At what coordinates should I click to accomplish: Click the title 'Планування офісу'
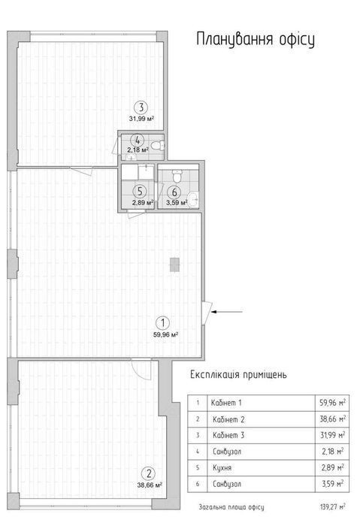pos(256,40)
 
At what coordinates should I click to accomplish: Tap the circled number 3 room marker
pos(141,107)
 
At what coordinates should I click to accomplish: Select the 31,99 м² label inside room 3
pos(141,119)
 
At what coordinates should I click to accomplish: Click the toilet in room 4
pos(157,146)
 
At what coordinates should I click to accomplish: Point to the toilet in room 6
pos(177,175)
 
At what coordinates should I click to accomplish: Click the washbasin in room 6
pos(193,200)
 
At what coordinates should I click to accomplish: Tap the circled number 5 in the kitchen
pos(140,191)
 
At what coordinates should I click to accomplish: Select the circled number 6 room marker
pos(174,192)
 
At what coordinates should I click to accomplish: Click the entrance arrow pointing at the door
pos(226,312)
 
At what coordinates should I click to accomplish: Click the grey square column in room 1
pos(174,265)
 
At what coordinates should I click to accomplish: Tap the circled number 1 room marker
pos(163,323)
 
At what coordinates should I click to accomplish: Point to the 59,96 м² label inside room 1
pos(165,334)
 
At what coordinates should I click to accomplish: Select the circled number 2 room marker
pos(149,473)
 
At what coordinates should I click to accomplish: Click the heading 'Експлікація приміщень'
pos(238,374)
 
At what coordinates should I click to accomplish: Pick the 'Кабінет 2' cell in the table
pos(228,419)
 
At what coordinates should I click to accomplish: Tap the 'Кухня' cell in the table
pos(222,467)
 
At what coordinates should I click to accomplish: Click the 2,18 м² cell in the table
pos(332,452)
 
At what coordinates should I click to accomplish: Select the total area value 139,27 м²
pos(332,506)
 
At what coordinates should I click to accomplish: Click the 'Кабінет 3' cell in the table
pos(228,435)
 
